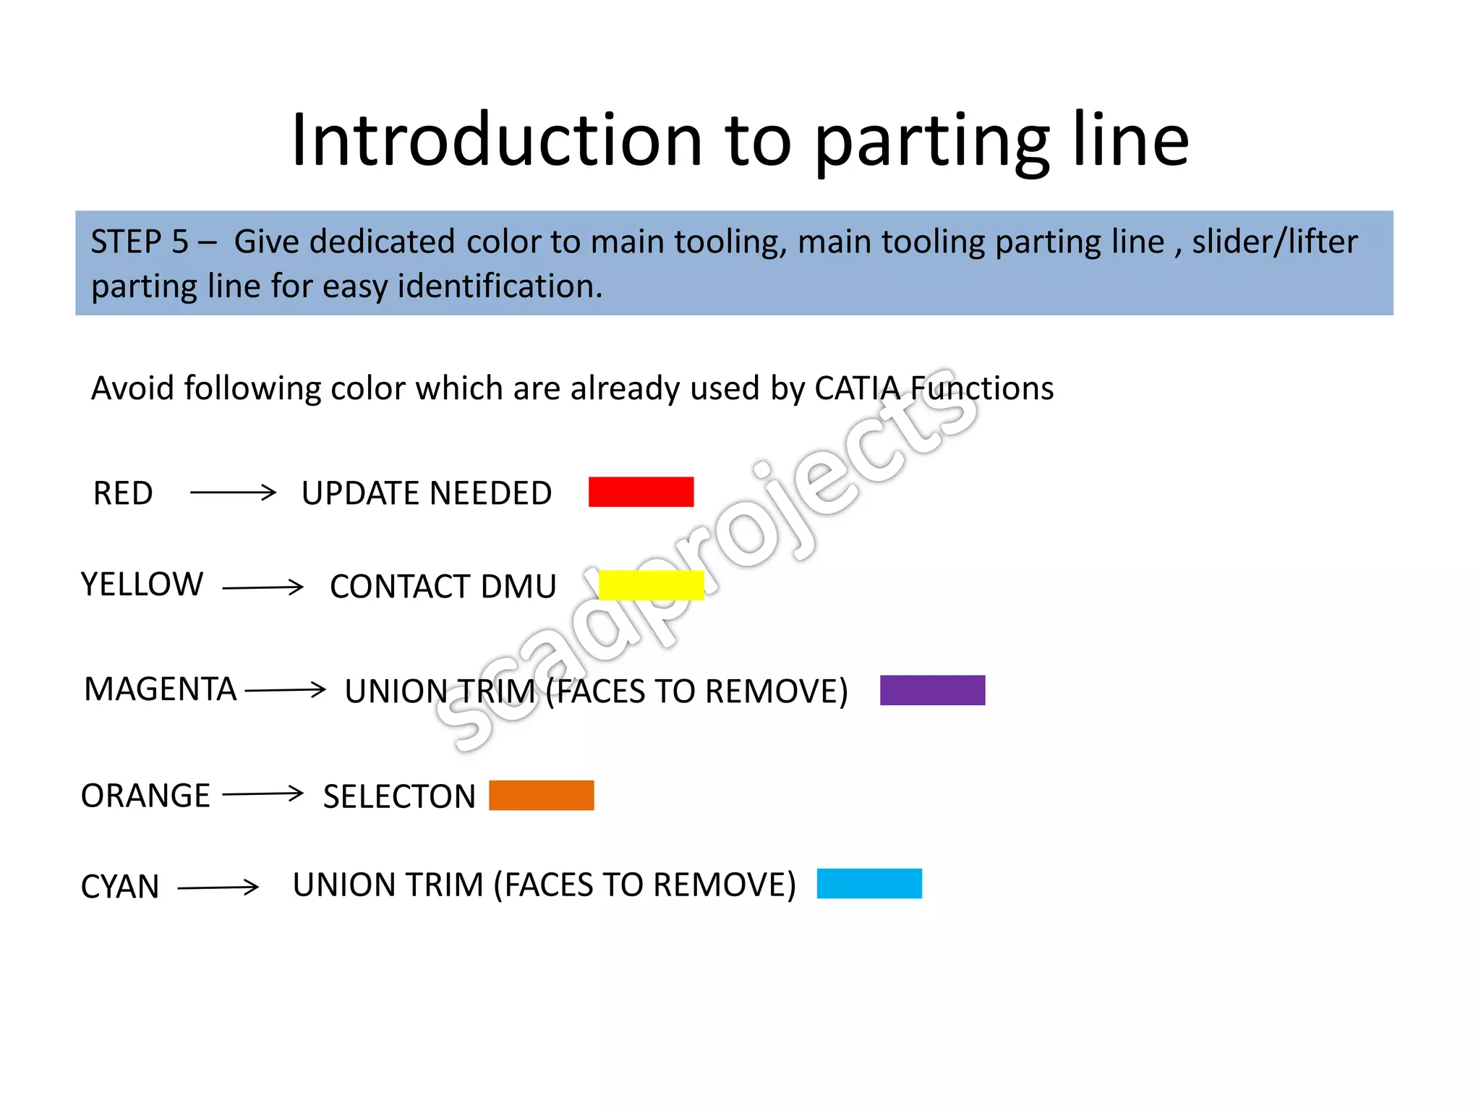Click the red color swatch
pyautogui.click(x=641, y=492)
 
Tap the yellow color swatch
pyautogui.click(x=651, y=585)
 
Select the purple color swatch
pyautogui.click(x=932, y=690)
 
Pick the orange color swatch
pyautogui.click(x=541, y=795)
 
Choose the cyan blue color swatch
pyautogui.click(x=869, y=883)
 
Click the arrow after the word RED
pyautogui.click(x=233, y=493)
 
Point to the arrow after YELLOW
pyautogui.click(x=263, y=587)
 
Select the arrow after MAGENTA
pyautogui.click(x=286, y=689)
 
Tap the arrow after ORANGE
pyautogui.click(x=263, y=794)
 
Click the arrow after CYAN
pyautogui.click(x=218, y=887)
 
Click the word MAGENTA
pyautogui.click(x=161, y=689)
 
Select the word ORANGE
pyautogui.click(x=145, y=796)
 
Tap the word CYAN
pyautogui.click(x=120, y=887)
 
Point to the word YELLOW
pyautogui.click(x=142, y=584)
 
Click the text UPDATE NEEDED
pyautogui.click(x=427, y=493)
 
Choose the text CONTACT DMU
pyautogui.click(x=443, y=587)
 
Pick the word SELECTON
pyautogui.click(x=399, y=796)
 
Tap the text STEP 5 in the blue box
pyautogui.click(x=140, y=242)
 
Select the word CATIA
pyautogui.click(x=857, y=388)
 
